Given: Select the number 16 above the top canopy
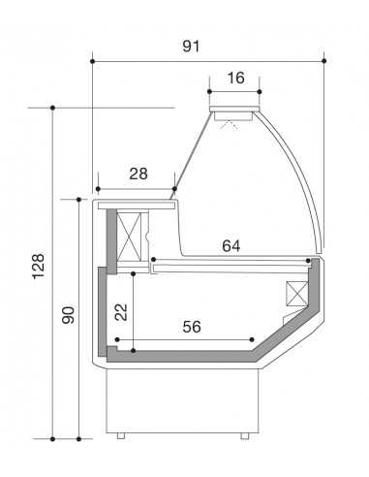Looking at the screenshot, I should [x=235, y=77].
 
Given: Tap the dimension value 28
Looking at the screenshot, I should [x=138, y=174].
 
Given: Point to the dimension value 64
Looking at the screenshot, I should [x=231, y=245].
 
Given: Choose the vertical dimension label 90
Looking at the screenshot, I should [x=68, y=316].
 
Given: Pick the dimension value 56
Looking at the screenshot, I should [x=192, y=327].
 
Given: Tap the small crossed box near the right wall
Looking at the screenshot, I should [x=294, y=295].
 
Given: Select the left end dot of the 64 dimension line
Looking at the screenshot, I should [x=153, y=260].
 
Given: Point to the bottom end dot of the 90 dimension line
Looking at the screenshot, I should [x=78, y=438].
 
